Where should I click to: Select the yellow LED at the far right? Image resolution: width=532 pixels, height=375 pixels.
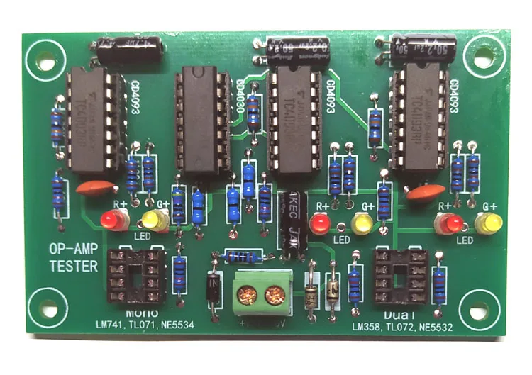tap(488, 224)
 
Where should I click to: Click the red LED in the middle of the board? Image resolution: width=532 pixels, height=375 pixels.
tap(321, 225)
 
